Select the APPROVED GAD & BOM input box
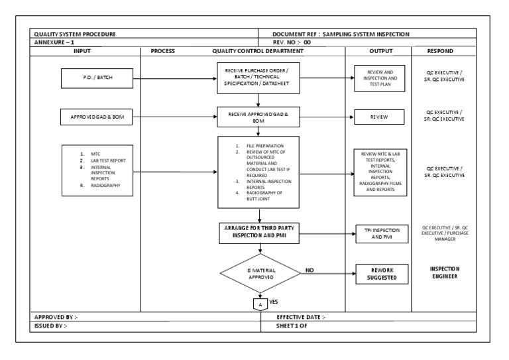pyautogui.click(x=97, y=119)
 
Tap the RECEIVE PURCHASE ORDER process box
pyautogui.click(x=259, y=78)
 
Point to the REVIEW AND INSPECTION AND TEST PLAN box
pyautogui.click(x=378, y=78)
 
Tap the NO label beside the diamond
pyautogui.click(x=309, y=270)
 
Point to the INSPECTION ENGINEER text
pyautogui.click(x=444, y=273)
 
